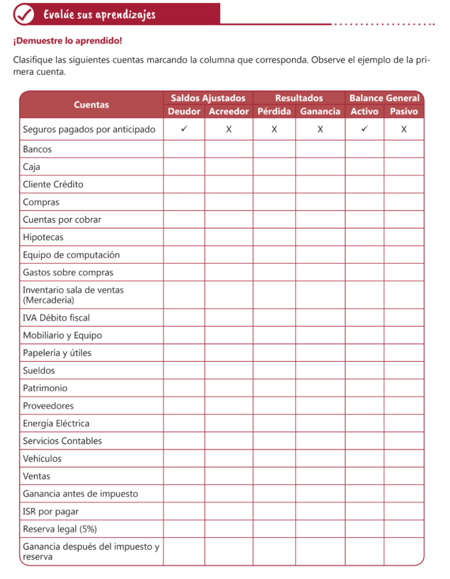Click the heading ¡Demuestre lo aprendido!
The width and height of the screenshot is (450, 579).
click(67, 41)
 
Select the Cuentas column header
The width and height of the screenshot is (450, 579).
click(91, 105)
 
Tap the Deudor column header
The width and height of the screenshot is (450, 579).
click(184, 111)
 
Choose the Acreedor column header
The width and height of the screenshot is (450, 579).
click(229, 111)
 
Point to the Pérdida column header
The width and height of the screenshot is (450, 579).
click(274, 111)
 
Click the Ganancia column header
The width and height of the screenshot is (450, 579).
click(320, 111)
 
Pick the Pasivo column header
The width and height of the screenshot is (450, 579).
click(404, 111)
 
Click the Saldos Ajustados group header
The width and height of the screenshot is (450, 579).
click(208, 98)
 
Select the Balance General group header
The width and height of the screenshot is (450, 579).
click(384, 98)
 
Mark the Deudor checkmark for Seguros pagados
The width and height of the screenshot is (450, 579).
click(184, 129)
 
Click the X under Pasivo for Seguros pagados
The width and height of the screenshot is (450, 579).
click(404, 129)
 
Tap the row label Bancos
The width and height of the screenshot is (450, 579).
click(37, 149)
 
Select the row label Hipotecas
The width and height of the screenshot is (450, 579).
click(43, 237)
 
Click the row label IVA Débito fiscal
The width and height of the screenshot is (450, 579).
click(56, 318)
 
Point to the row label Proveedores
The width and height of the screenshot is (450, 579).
click(48, 405)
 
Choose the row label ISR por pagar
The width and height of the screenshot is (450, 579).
click(50, 511)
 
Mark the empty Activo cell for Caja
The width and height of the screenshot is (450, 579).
click(365, 167)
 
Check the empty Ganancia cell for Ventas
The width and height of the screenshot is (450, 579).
click(320, 476)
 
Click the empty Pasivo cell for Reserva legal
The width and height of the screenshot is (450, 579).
click(404, 529)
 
